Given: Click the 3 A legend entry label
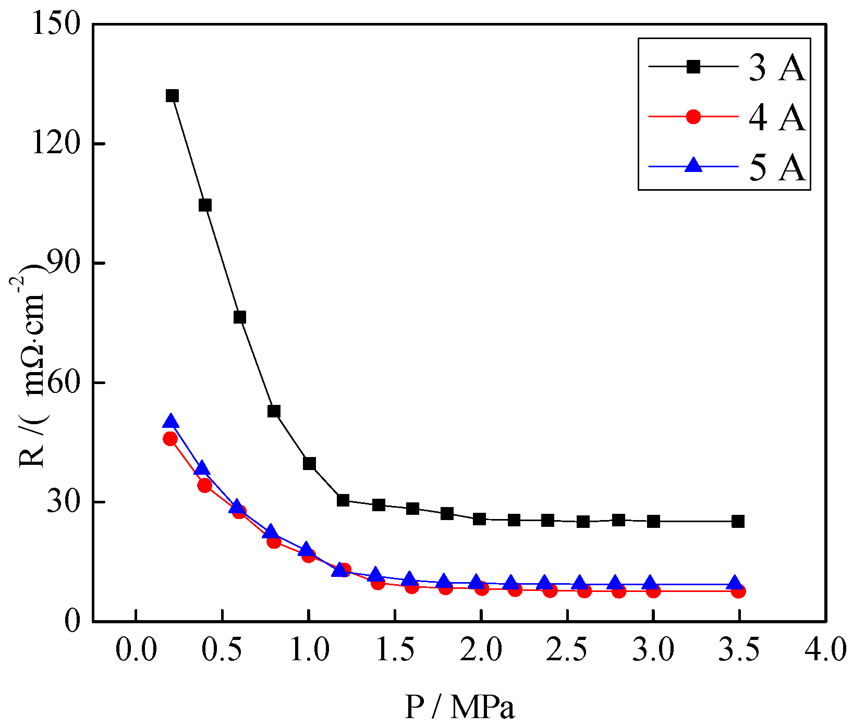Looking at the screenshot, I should coord(776,68).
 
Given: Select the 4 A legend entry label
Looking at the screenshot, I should coord(776,117).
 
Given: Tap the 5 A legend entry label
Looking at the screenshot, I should coord(776,167).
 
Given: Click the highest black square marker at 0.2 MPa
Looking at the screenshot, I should coord(172,96).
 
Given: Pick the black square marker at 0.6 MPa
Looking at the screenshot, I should coord(240,317).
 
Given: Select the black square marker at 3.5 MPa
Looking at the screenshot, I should coord(738,521).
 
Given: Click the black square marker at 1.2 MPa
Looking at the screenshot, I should coord(343,500).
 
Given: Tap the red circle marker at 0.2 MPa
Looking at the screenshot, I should coord(170,439).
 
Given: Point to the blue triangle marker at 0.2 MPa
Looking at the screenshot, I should coord(170,422).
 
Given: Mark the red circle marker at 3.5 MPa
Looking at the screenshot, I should coord(738,591).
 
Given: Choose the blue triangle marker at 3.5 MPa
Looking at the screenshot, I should coord(734,583).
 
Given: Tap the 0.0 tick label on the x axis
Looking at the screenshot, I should coord(136,650).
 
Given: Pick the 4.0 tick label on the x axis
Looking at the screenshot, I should coord(825,650).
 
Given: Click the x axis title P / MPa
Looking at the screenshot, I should coord(459,707).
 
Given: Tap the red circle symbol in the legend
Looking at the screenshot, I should coord(693,117).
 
